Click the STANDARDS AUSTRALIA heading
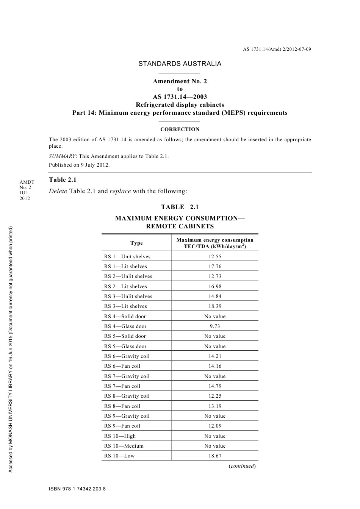coord(180,64)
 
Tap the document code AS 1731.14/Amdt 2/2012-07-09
coord(277,49)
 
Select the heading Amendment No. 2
coord(180,81)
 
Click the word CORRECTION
coord(180,130)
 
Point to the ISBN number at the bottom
coord(77,489)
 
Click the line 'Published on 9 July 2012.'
coord(79,165)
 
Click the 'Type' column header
coord(136,243)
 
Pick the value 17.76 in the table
coord(215,267)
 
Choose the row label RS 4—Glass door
coord(125,326)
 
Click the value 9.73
coord(215,326)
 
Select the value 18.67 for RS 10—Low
coord(215,456)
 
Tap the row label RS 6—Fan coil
coord(122,366)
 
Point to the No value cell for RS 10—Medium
coord(215,446)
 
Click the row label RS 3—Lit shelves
coord(125,306)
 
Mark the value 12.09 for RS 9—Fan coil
coord(215,426)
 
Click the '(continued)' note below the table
coord(242,466)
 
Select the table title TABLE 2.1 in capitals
coord(180,207)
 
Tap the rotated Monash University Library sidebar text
coord(11,348)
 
